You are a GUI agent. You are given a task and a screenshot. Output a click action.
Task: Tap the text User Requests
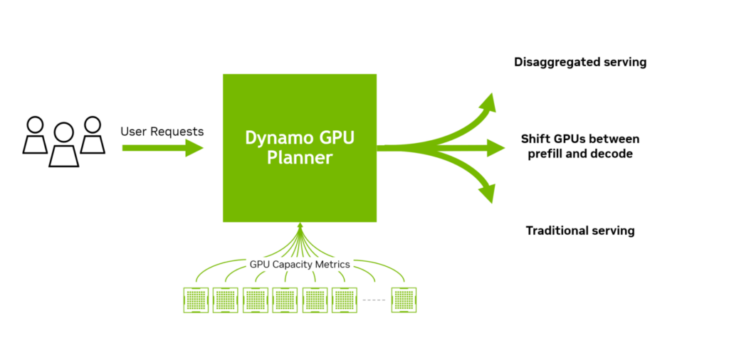coord(162,132)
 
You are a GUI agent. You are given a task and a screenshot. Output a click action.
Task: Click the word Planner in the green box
coord(300,158)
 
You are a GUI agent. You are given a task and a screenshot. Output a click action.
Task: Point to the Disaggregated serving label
coord(580,62)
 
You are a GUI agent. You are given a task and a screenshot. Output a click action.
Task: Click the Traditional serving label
coord(580,231)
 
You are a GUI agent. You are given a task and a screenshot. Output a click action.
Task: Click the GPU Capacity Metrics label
coord(300,264)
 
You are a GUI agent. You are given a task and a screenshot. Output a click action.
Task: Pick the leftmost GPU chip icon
coord(196,299)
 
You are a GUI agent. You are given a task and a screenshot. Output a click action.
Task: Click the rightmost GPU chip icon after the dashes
coord(404,299)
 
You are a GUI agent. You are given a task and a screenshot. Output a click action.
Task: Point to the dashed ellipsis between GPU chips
coord(374,300)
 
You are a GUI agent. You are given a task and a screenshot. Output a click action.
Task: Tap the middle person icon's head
coord(64,132)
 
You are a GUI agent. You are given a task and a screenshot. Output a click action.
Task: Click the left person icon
coord(34,135)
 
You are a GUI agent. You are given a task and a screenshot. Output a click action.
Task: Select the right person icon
coord(93,135)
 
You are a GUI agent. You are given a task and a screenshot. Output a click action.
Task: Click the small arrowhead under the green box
coord(300,226)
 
